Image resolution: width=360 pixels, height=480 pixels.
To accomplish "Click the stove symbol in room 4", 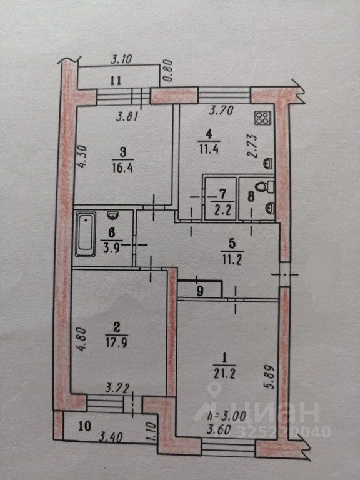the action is [263, 118].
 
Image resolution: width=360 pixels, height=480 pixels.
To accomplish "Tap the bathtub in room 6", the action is [86, 234].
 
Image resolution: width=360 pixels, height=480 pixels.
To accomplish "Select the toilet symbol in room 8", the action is [265, 186].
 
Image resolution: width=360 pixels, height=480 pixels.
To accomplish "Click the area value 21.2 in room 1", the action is [224, 374].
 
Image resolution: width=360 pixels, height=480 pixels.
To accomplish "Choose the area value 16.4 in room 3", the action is [122, 167].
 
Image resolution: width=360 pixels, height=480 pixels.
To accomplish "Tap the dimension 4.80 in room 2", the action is [81, 339].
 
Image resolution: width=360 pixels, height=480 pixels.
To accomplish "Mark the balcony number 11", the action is [116, 81].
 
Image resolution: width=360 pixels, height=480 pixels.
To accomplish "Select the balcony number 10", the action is [84, 426].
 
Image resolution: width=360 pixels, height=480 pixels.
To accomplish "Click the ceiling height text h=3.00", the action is [226, 416].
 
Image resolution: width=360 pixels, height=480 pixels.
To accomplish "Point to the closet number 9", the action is [200, 291].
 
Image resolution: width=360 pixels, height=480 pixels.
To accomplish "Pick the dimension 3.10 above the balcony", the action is [121, 59].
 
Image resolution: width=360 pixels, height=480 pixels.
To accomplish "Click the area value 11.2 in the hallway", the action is [232, 260].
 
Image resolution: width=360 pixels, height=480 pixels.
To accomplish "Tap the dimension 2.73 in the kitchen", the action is [252, 146].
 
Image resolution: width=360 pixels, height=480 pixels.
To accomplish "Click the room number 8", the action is [251, 196].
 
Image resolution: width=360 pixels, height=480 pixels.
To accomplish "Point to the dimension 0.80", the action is [169, 71].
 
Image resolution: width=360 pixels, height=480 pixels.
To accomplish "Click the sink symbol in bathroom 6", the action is [112, 216].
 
